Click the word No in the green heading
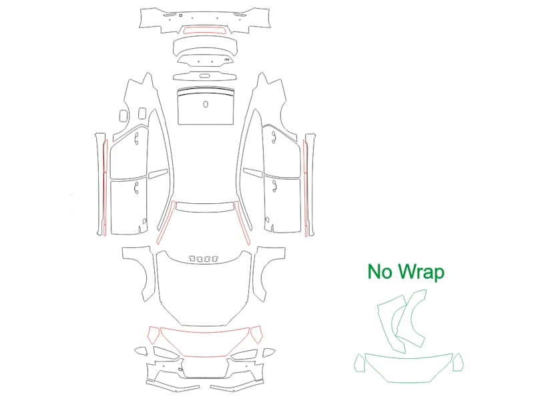[x=380, y=272]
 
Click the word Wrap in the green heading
[x=421, y=273]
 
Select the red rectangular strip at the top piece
[x=205, y=31]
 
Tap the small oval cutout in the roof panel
[x=206, y=104]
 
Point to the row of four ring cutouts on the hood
[x=204, y=259]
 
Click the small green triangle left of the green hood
[x=360, y=363]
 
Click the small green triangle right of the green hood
[x=458, y=362]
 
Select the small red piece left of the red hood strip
[x=154, y=334]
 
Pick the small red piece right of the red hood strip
[x=256, y=334]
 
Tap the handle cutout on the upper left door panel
[x=137, y=139]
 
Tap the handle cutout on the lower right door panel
[x=274, y=186]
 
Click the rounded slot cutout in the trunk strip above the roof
[x=204, y=76]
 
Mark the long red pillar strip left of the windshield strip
[x=166, y=223]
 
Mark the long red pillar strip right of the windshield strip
[x=243, y=223]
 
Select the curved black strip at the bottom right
[x=238, y=386]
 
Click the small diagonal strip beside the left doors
[x=158, y=174]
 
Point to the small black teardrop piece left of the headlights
[x=140, y=352]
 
